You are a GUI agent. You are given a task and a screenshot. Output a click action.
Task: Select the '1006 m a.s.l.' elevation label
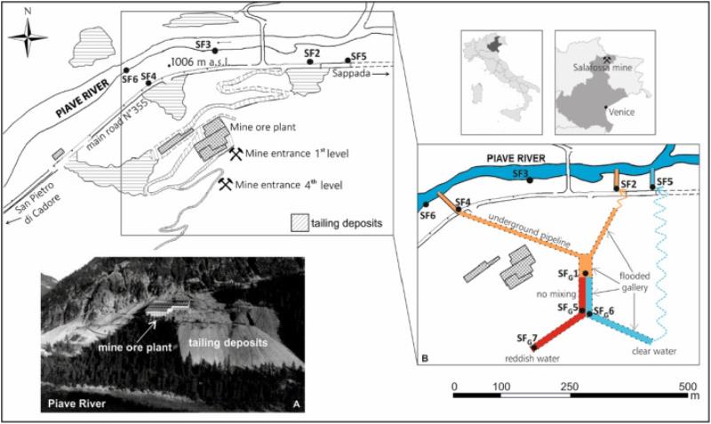[205, 61]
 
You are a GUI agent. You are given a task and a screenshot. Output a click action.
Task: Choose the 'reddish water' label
[527, 357]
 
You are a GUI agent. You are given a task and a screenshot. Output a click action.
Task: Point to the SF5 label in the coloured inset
[667, 181]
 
